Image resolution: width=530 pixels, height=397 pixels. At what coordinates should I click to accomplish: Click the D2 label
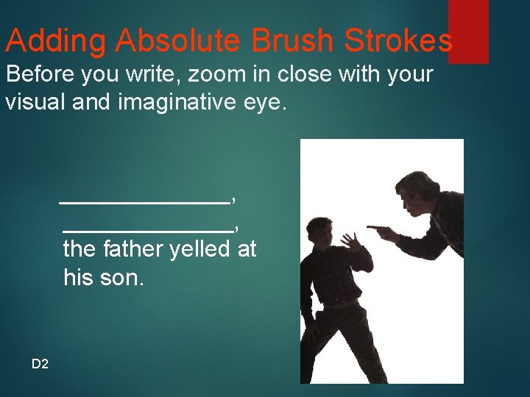point(40,363)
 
